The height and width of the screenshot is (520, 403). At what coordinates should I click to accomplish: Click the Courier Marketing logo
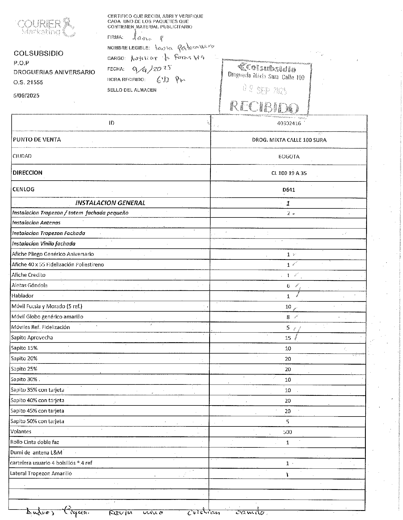pos(46,28)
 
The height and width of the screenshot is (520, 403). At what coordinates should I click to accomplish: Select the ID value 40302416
pos(289,123)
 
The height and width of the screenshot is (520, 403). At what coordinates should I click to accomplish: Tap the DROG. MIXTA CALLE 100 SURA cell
pos(289,140)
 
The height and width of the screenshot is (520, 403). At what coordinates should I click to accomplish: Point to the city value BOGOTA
pos(289,157)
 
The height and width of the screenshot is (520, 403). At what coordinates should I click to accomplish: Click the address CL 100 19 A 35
pos(289,173)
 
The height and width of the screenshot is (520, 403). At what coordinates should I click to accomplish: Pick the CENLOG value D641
pos(289,190)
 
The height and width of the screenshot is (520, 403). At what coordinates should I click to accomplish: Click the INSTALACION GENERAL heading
pos(110,203)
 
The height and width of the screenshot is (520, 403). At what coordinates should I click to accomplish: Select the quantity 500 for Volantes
pos(287,432)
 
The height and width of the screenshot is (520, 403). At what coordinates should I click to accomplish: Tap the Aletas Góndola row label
pos(29,285)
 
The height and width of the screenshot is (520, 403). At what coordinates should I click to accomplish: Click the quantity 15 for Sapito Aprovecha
pos(288,338)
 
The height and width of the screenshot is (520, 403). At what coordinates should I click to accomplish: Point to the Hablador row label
pos(22,296)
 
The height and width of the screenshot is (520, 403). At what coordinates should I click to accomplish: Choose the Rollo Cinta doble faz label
pos(35,442)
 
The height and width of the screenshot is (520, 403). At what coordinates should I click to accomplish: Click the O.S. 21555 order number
pos(28,83)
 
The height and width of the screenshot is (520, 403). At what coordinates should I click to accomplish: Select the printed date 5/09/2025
pos(26,96)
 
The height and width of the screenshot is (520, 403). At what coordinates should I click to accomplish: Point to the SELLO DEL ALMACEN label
pos(132,90)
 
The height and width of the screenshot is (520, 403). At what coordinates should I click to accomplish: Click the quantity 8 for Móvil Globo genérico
pos(288,317)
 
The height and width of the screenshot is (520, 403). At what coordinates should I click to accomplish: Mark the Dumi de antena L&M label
pos(36,453)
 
